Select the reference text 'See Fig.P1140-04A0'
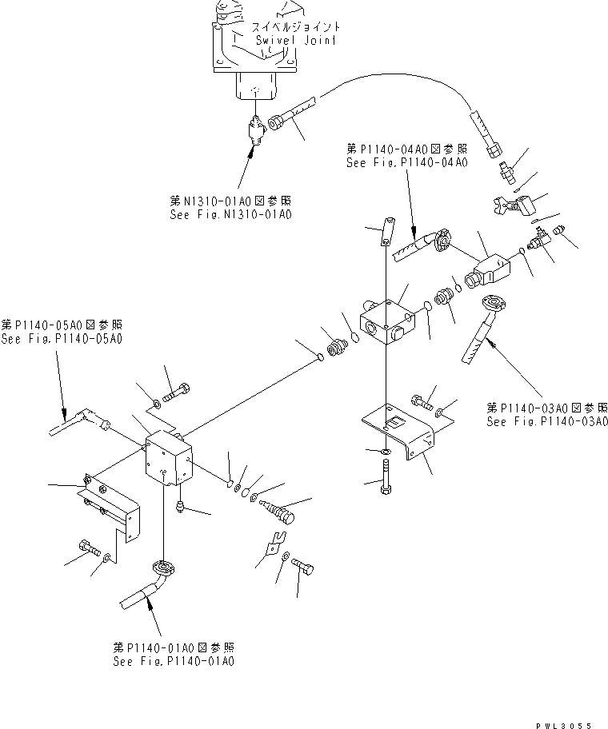[406, 162]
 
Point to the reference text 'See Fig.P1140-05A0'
[62, 339]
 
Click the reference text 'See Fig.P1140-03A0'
[547, 421]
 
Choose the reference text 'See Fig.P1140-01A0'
[174, 661]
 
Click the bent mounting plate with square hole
[399, 432]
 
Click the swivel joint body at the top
[254, 64]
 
